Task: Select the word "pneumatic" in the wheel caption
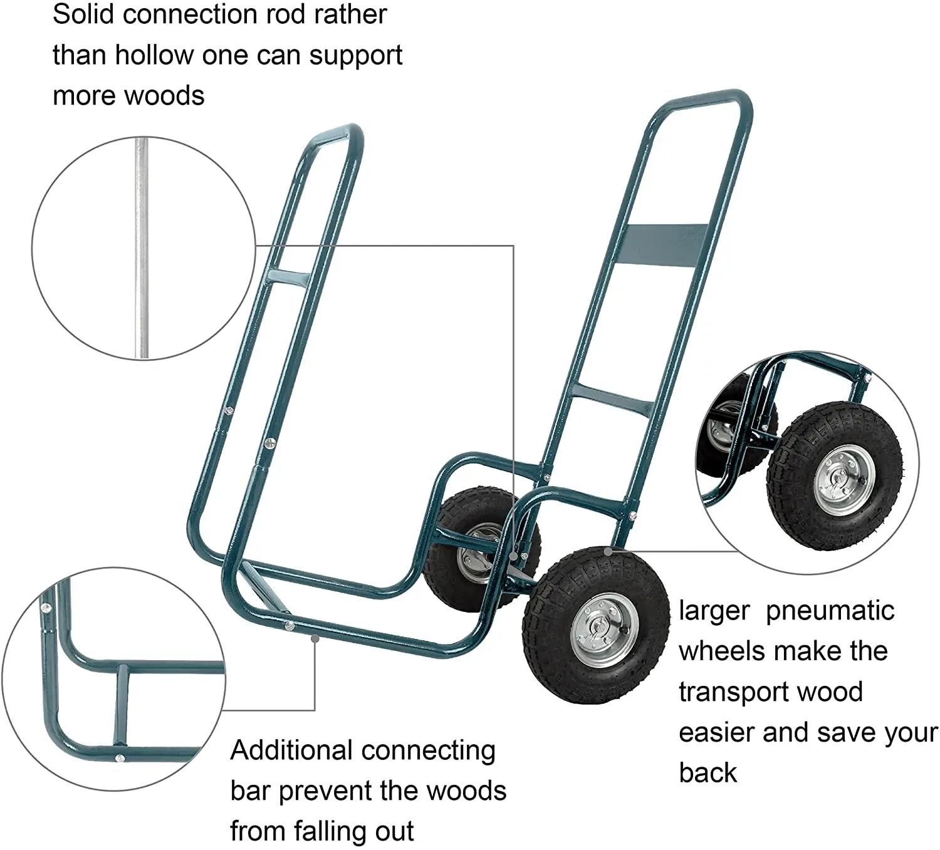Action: point(830,611)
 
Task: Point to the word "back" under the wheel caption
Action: point(708,773)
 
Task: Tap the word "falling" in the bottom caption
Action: point(330,831)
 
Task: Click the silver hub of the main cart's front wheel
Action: point(604,630)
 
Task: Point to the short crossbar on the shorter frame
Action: point(289,278)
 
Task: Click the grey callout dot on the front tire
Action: point(607,551)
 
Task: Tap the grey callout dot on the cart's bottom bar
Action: point(315,638)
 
